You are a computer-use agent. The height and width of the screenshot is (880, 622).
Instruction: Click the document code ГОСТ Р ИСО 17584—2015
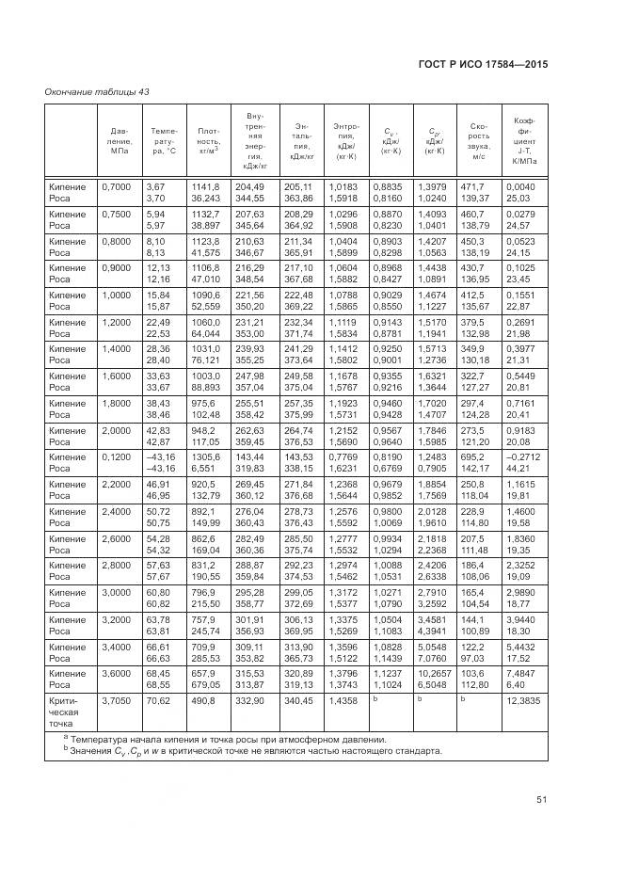[x=484, y=64]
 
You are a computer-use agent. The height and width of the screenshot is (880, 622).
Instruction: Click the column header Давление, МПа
[x=120, y=140]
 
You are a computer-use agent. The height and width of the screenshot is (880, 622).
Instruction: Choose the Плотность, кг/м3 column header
[x=208, y=140]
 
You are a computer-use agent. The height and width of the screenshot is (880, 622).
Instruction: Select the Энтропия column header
[x=344, y=140]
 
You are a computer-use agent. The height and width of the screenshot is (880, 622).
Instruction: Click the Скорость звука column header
[x=476, y=140]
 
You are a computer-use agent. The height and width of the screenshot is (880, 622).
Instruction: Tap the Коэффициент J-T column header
[x=523, y=140]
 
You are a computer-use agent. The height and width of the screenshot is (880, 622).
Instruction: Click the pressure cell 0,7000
[x=116, y=187]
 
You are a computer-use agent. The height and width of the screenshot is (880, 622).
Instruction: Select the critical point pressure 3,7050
[x=116, y=701]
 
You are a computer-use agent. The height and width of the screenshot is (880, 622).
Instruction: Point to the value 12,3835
[x=522, y=701]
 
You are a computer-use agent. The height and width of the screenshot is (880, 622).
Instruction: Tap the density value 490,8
[x=202, y=701]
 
